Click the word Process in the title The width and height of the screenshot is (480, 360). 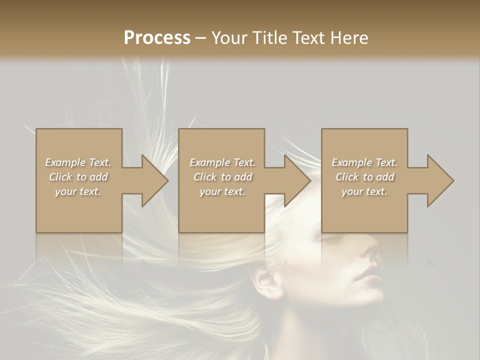coord(157,38)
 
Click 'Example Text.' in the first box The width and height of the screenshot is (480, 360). coord(78,162)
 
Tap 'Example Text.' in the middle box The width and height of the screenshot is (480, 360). coord(222,162)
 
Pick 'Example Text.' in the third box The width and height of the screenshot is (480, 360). coord(364,162)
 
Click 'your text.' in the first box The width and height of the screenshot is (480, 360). coord(78,191)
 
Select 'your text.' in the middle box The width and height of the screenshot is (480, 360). coord(222,191)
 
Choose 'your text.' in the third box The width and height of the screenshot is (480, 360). coord(364,191)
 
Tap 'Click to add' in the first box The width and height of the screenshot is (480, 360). coord(78,177)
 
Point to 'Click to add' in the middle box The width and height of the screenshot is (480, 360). coord(222,177)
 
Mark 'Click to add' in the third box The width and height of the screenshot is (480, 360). coord(364,177)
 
